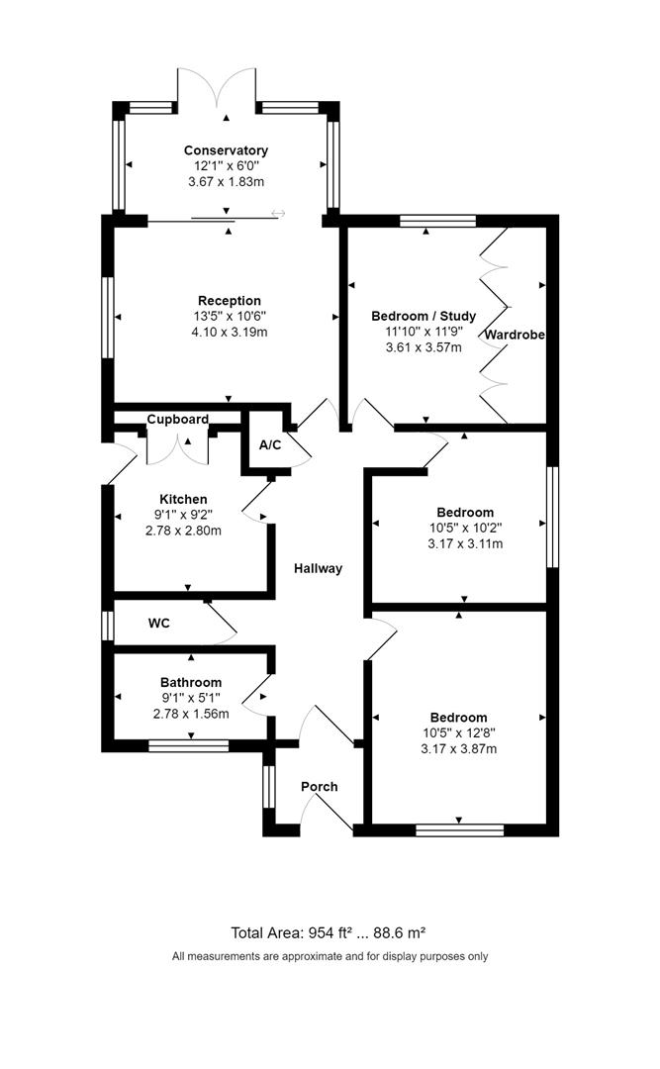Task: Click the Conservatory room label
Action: tap(226, 150)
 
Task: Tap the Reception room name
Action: tap(230, 301)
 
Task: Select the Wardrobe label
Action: tap(515, 336)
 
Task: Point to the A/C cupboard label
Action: tap(270, 445)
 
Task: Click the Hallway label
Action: tap(318, 568)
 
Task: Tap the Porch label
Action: tap(319, 787)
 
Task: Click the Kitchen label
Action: tap(184, 499)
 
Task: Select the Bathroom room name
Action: tap(191, 682)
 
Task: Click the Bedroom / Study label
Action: tap(424, 316)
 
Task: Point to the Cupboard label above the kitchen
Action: tap(178, 420)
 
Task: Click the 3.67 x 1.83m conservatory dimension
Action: tap(226, 182)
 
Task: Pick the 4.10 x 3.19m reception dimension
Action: tap(230, 333)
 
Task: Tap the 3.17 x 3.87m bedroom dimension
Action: tap(458, 749)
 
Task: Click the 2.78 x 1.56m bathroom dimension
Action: tap(191, 714)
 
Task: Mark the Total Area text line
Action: tap(329, 932)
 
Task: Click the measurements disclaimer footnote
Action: tap(330, 956)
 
